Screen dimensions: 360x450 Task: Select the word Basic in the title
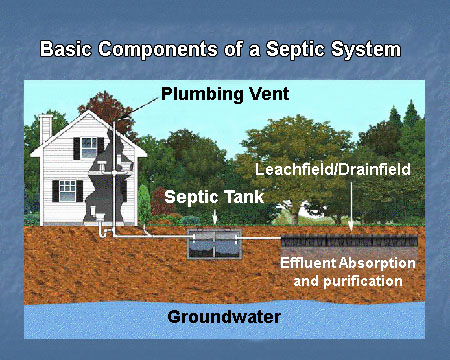68,48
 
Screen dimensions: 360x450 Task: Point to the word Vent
267,96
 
